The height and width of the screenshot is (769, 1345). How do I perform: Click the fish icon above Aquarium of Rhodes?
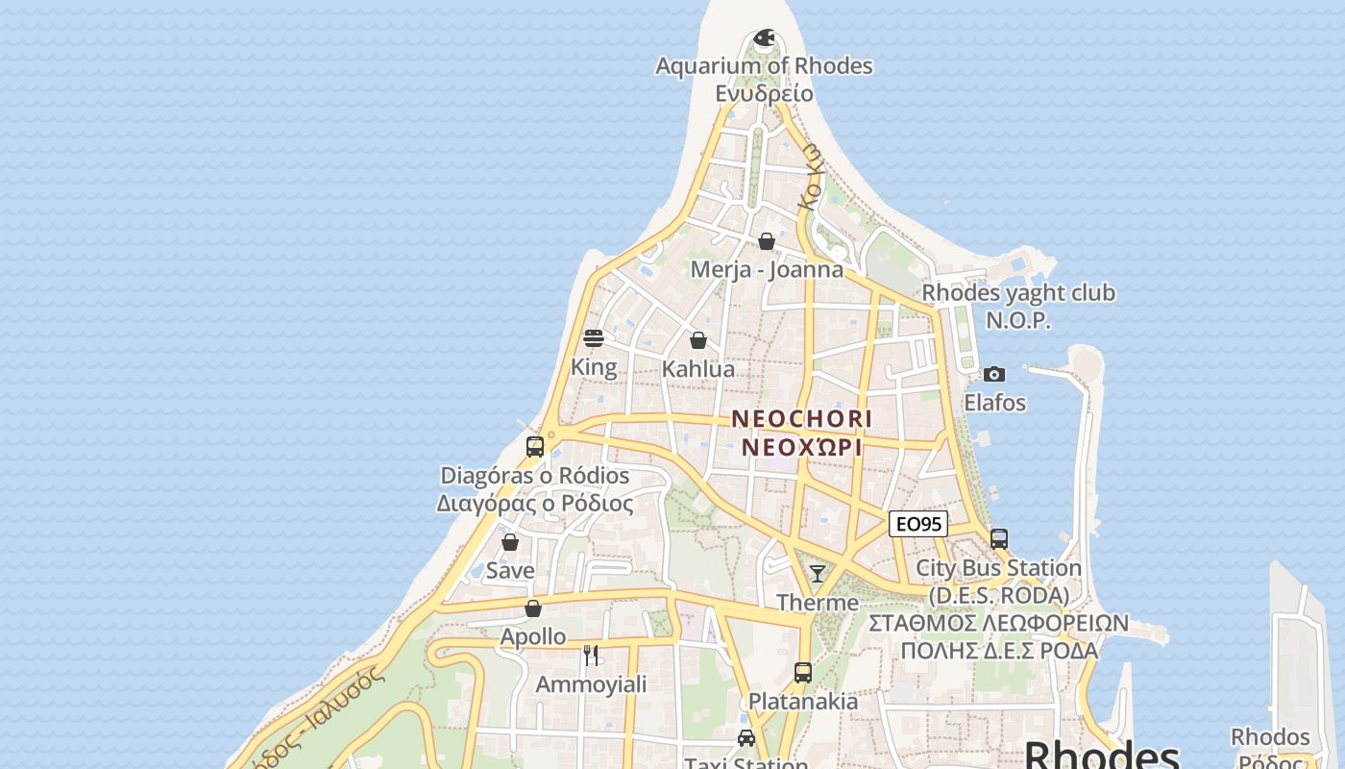point(764,38)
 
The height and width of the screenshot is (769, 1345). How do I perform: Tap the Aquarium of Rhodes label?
point(764,66)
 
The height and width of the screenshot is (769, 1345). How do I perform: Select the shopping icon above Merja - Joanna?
point(767,241)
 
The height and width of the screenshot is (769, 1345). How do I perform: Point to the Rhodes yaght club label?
point(1018,293)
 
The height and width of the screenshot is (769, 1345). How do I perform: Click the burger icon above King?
point(594,338)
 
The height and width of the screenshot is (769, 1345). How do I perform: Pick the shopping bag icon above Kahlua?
point(698,340)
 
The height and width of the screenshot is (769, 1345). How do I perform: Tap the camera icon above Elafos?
point(994,374)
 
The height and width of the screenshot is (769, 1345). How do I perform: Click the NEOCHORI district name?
point(802,419)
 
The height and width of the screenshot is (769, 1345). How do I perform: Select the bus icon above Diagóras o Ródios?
point(535,447)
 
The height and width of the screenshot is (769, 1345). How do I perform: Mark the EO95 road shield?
point(917,524)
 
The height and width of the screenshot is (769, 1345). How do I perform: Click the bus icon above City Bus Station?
point(999,539)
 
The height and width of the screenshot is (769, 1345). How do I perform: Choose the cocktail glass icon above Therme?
point(818,574)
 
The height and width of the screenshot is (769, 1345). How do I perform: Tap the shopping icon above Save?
point(510,542)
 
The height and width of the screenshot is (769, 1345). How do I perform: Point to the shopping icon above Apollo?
point(533,608)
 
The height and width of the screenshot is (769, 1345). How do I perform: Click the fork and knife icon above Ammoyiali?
point(591,656)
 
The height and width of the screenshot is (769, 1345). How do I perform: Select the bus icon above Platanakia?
point(803,673)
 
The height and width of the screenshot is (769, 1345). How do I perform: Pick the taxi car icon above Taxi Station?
point(746,738)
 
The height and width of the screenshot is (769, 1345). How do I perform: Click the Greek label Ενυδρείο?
point(764,93)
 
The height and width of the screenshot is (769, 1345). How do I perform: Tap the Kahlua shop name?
point(698,369)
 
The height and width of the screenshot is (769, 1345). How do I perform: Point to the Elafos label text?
point(994,403)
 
